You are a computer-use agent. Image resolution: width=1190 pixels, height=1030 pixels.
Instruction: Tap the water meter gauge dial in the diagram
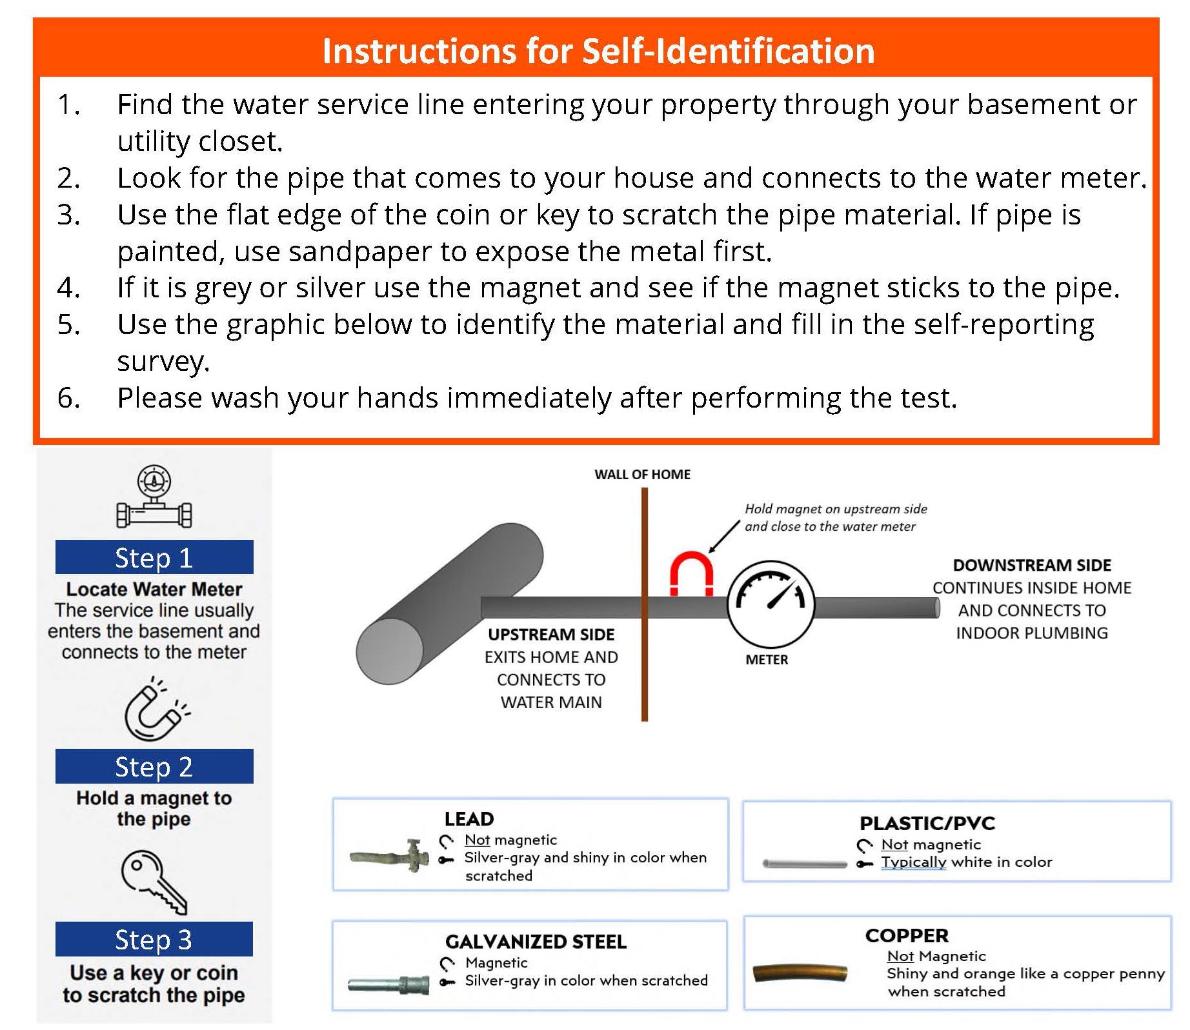click(771, 604)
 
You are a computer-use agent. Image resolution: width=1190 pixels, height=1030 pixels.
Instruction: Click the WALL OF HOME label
click(642, 475)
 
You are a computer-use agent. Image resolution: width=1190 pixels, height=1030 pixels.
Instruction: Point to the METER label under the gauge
click(767, 660)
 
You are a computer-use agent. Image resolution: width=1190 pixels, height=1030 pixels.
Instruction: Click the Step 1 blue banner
click(154, 557)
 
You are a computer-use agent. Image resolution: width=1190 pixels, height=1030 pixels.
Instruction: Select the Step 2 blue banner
click(154, 766)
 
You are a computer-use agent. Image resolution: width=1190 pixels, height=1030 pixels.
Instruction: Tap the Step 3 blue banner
click(154, 939)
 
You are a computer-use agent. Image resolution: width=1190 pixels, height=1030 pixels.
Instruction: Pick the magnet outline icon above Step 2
click(155, 710)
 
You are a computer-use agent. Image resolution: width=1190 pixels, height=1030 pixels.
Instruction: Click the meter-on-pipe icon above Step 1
click(154, 498)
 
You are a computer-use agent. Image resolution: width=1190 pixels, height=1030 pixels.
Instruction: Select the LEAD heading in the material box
click(469, 819)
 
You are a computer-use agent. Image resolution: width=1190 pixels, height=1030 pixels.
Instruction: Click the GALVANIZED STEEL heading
click(536, 942)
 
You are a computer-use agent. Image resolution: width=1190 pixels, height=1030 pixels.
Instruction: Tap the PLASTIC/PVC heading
click(927, 824)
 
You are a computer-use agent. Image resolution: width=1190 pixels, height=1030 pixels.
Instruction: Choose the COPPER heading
click(907, 936)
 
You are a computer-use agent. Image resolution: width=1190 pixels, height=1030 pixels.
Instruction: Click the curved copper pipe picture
click(800, 973)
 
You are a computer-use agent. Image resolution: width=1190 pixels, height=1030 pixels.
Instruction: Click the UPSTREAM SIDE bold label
click(551, 635)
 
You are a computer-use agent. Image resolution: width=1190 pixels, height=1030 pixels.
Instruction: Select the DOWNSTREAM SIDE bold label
click(1031, 566)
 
